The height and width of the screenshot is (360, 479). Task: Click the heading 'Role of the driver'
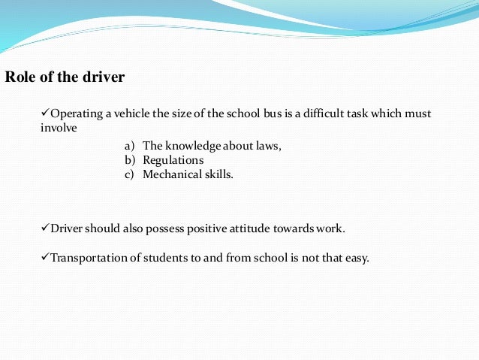tap(65, 77)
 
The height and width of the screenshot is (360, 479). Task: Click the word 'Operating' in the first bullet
tap(74, 113)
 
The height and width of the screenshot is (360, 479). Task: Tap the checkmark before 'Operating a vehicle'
tap(44, 113)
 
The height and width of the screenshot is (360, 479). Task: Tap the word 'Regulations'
tap(173, 160)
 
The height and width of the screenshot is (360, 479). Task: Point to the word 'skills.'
tap(218, 174)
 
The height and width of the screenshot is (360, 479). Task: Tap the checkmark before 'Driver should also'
tap(44, 227)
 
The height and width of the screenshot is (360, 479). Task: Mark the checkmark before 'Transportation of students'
tap(44, 257)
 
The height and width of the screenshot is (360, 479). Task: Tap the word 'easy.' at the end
tap(357, 258)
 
